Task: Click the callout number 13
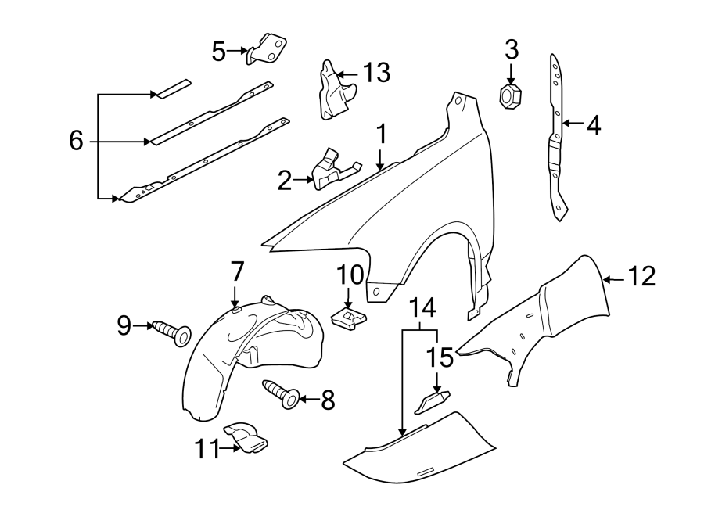point(375,74)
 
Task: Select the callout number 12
point(641,276)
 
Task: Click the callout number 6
point(76,141)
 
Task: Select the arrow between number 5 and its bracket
point(237,52)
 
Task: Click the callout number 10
point(350,275)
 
